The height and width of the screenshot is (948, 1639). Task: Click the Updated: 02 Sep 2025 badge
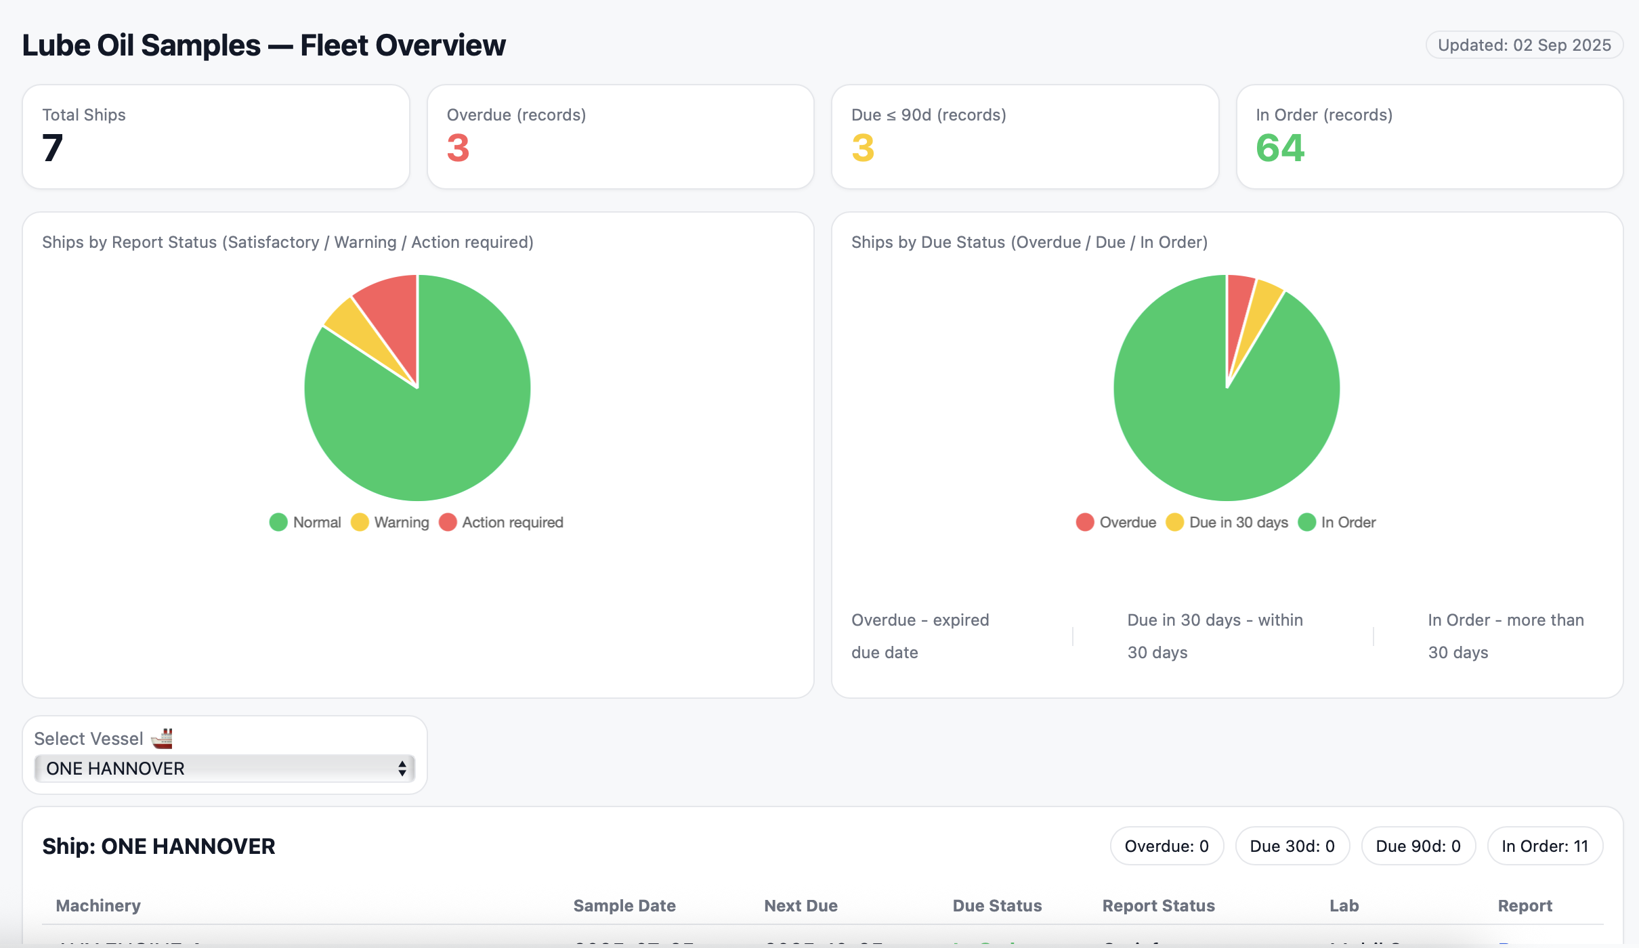(1524, 45)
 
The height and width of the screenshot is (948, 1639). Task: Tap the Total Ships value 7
(53, 148)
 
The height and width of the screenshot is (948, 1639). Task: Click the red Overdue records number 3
(458, 148)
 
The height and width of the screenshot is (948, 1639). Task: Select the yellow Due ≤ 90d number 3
(863, 148)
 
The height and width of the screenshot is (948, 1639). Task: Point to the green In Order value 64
(1279, 148)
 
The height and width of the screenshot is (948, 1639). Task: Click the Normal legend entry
(305, 523)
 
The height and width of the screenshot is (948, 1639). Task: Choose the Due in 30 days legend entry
(1227, 523)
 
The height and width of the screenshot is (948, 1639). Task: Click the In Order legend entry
(1337, 523)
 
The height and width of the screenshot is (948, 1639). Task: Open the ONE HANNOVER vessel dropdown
(224, 769)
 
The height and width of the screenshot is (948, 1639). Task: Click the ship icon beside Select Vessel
(162, 738)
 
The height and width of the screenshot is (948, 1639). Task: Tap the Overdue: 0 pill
(1166, 846)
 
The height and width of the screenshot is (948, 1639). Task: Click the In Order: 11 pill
(1544, 846)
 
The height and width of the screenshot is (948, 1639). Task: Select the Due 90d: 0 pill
(1418, 846)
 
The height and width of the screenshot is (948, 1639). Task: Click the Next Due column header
(801, 906)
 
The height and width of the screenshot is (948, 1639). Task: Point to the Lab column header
(1344, 906)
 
